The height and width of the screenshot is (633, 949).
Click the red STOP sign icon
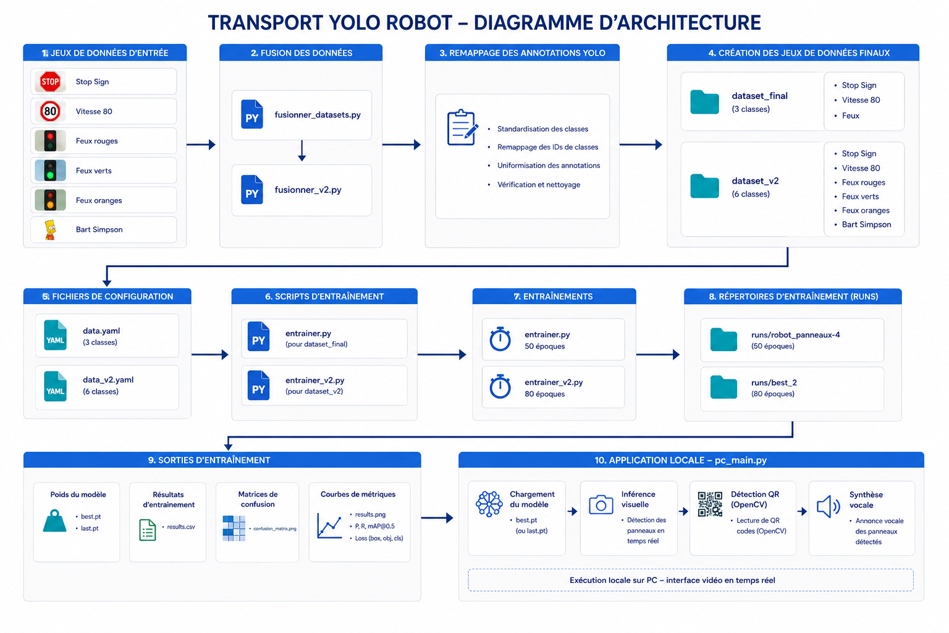pyautogui.click(x=50, y=82)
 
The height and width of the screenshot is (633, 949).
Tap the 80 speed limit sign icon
pyautogui.click(x=50, y=111)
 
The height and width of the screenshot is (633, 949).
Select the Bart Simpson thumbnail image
pyautogui.click(x=51, y=230)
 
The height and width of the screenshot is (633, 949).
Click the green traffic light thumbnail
pyautogui.click(x=50, y=171)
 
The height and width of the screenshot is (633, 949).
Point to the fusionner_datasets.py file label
pyautogui.click(x=318, y=115)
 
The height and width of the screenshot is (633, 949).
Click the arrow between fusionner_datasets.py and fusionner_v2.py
pyautogui.click(x=302, y=150)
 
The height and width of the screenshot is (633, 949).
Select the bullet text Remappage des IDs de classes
pyautogui.click(x=548, y=147)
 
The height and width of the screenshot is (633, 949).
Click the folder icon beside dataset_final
pyautogui.click(x=704, y=102)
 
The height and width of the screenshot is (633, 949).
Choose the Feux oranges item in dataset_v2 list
pyautogui.click(x=866, y=210)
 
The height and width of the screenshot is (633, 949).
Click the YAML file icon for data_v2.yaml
pyautogui.click(x=55, y=386)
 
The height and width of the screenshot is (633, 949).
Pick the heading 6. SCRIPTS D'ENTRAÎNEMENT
pyautogui.click(x=324, y=296)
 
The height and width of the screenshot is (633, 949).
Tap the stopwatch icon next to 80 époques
pyautogui.click(x=500, y=386)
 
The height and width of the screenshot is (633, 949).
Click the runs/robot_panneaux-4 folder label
pyautogui.click(x=796, y=335)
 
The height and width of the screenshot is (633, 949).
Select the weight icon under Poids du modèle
pyautogui.click(x=54, y=520)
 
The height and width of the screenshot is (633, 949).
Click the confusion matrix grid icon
pyautogui.click(x=234, y=529)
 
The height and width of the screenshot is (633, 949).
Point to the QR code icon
pyautogui.click(x=710, y=504)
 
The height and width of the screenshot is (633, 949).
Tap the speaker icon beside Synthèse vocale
pyautogui.click(x=829, y=506)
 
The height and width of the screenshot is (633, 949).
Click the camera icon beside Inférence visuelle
pyautogui.click(x=601, y=504)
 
